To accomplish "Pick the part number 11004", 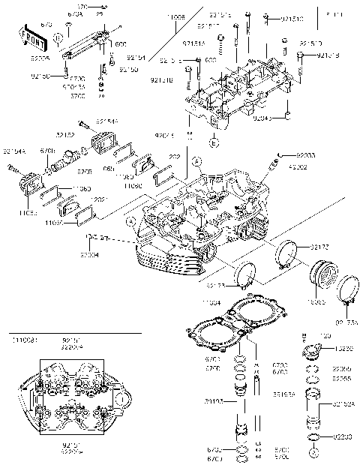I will point(212,302).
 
